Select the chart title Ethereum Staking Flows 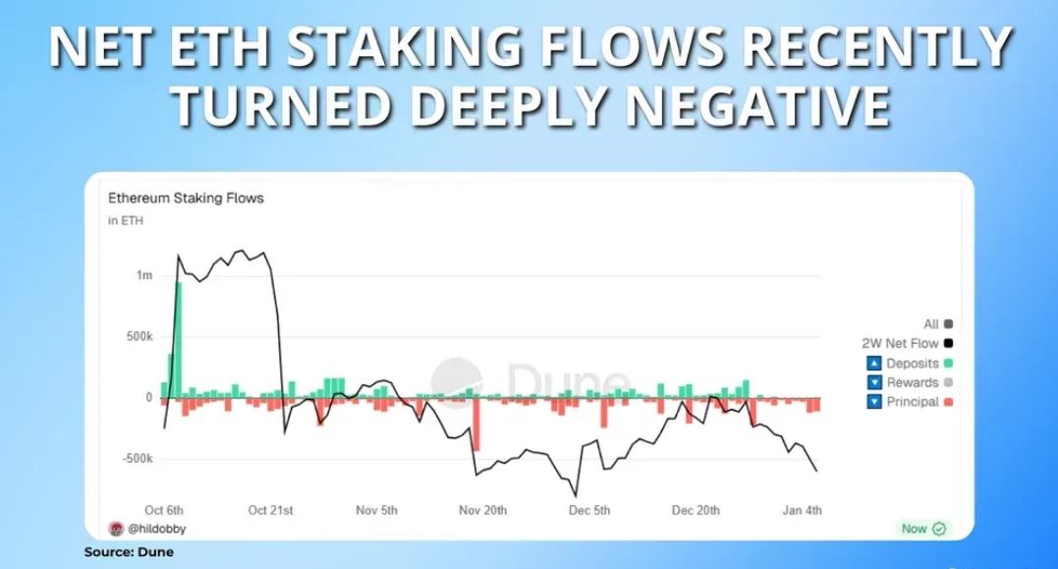coord(186,198)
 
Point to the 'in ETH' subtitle coord(125,220)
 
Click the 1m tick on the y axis coord(144,275)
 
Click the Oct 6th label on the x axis coord(164,510)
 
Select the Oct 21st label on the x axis coord(271,510)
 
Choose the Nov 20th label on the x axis coord(482,510)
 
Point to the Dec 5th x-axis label coord(589,510)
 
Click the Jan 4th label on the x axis coord(803,510)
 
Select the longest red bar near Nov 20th coord(476,424)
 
